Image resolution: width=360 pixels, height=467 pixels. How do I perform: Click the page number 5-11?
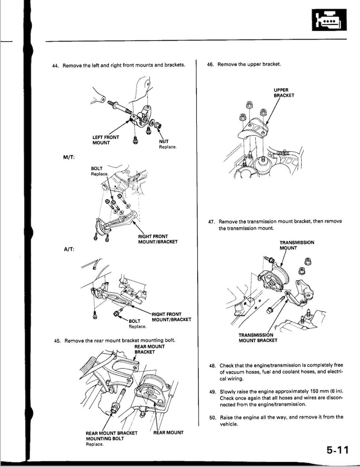[337, 450]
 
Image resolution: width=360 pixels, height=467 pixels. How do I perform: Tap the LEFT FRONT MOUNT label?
[106, 140]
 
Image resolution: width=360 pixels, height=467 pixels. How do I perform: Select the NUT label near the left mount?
[164, 141]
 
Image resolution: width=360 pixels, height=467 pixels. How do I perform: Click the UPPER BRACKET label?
[284, 93]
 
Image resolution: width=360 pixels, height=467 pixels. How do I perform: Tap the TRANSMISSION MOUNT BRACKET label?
[258, 338]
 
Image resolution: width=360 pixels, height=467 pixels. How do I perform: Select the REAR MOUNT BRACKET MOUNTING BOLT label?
[111, 436]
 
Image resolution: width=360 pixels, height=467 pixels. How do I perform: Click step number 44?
[56, 66]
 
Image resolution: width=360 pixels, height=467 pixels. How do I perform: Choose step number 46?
[210, 64]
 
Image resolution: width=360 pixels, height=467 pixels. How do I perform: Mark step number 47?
[211, 221]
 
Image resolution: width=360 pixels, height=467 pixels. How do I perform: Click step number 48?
[212, 365]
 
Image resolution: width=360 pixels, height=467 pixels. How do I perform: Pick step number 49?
[212, 391]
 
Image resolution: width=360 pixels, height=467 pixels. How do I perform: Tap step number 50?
[212, 417]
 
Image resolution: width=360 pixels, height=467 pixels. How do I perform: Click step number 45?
[58, 340]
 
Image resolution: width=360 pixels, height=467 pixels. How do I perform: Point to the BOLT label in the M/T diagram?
[97, 168]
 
